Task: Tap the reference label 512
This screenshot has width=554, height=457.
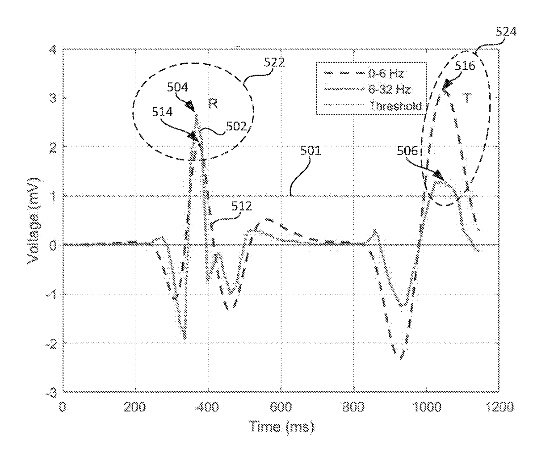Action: pyautogui.click(x=241, y=206)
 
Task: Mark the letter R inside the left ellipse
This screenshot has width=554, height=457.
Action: pyautogui.click(x=213, y=104)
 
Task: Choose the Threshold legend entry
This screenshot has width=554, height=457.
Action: pyautogui.click(x=395, y=106)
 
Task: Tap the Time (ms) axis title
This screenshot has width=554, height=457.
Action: pyautogui.click(x=281, y=426)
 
